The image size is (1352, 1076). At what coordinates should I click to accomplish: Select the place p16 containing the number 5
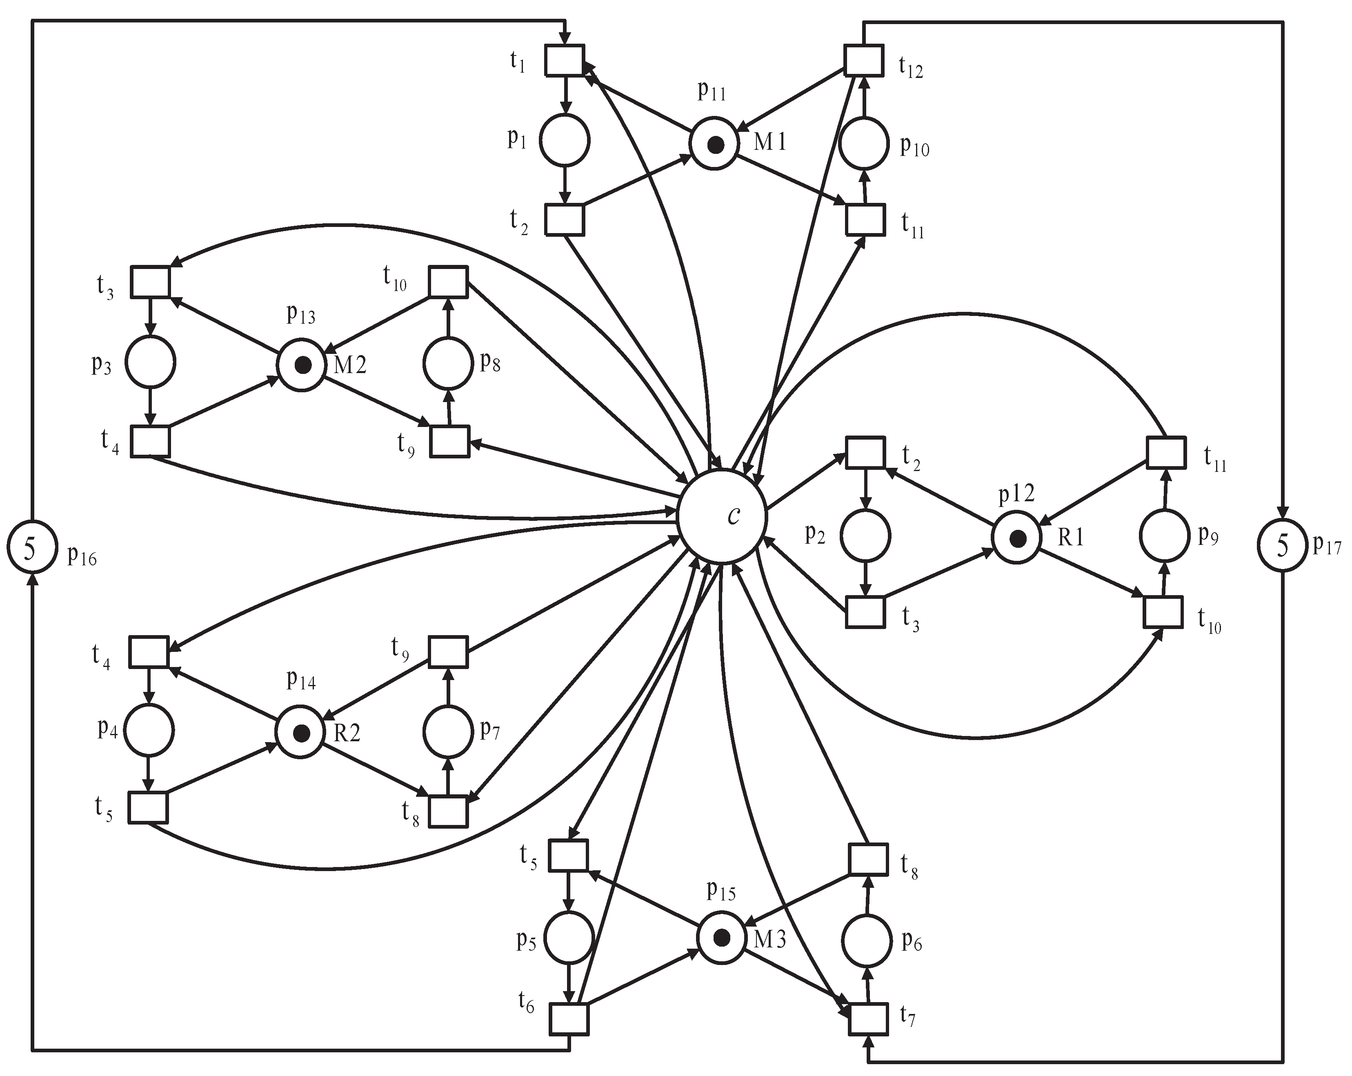click(x=32, y=547)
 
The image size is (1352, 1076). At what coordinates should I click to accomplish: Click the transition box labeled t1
click(x=565, y=60)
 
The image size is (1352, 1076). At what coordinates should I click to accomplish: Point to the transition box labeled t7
click(x=869, y=1019)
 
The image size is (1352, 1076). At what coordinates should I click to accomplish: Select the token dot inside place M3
click(x=722, y=938)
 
